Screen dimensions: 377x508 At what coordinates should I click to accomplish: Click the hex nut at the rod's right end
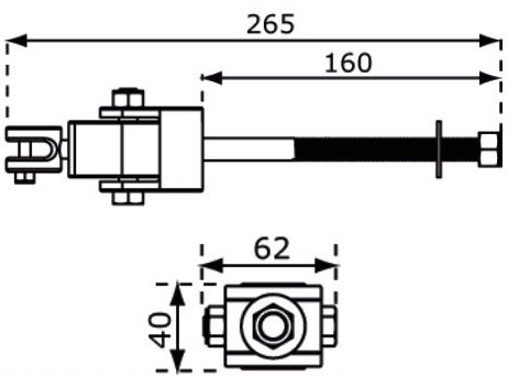click(x=488, y=149)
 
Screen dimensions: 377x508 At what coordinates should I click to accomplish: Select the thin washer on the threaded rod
click(x=438, y=149)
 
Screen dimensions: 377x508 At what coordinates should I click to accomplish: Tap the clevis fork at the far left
click(x=34, y=149)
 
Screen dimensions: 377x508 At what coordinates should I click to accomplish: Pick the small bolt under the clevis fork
click(x=22, y=177)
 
